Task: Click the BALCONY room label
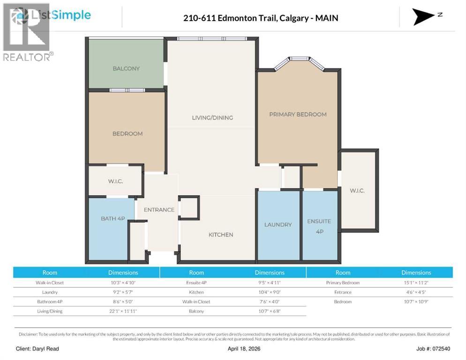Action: click(x=126, y=68)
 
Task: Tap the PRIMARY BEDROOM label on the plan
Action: click(x=298, y=114)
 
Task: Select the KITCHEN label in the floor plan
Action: click(x=221, y=235)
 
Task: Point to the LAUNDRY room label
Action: click(x=278, y=225)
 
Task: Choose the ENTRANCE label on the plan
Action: click(x=159, y=210)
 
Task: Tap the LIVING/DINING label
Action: click(x=212, y=118)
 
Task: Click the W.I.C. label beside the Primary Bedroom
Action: click(x=357, y=191)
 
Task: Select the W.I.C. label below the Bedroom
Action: click(x=115, y=181)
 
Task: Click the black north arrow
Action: click(x=424, y=16)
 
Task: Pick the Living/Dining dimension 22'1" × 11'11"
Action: click(x=123, y=311)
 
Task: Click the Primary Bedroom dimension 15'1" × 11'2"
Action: click(x=416, y=283)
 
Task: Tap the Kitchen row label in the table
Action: click(x=196, y=292)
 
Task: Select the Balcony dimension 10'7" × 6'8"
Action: click(x=270, y=311)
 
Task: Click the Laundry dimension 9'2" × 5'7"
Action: click(x=123, y=292)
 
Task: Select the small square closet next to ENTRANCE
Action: click(x=189, y=207)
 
